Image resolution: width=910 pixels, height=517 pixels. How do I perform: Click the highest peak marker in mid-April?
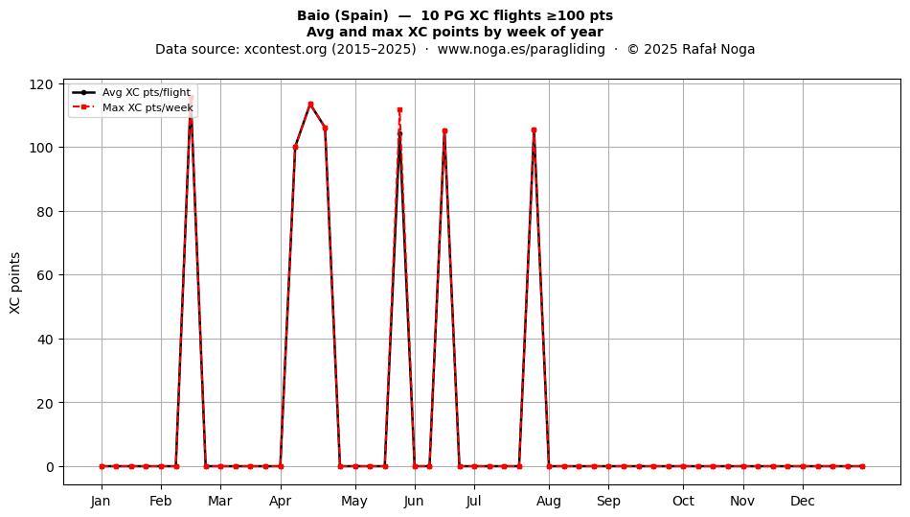pos(310,105)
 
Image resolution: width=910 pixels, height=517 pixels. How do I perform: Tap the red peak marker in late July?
pos(534,130)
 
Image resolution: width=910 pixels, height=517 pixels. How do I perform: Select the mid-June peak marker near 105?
pos(444,131)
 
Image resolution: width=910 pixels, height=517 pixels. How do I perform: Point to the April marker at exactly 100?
pos(295,147)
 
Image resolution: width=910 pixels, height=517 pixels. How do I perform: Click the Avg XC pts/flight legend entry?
pos(132,92)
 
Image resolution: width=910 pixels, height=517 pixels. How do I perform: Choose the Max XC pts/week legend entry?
pos(133,107)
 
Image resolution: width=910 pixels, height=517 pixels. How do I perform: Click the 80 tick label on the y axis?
pos(45,211)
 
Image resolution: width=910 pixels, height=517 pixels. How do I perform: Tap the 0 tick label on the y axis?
pos(50,466)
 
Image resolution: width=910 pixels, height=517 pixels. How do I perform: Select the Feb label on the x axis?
pos(161,501)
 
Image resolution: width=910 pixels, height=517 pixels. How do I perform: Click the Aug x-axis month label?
pos(549,501)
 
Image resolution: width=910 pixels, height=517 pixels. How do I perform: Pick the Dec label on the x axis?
pos(803,501)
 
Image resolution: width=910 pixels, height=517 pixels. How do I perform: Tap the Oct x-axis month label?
pos(684,501)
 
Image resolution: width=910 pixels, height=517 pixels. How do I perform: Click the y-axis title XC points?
pos(15,283)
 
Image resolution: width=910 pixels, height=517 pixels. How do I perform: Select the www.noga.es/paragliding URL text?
pos(521,49)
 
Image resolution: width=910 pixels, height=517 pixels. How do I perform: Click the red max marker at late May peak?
pos(399,109)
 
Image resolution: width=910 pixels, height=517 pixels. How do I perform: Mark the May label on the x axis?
pos(354,501)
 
